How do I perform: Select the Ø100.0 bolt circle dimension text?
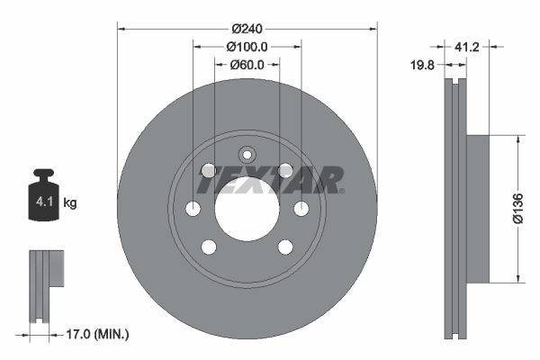point(247,46)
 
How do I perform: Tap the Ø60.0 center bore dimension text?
point(247,64)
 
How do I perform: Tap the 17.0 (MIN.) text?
point(99,334)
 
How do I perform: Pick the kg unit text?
point(70,203)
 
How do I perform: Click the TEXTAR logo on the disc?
point(270,179)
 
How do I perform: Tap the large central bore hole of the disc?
point(247,208)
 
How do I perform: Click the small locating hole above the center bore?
point(247,154)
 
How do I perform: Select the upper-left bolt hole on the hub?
point(208,170)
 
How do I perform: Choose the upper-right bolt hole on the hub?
point(285,170)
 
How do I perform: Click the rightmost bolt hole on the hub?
point(301,208)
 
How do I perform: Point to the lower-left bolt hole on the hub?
point(208,246)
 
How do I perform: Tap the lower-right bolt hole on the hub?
point(285,246)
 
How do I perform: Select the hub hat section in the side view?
point(477,208)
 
